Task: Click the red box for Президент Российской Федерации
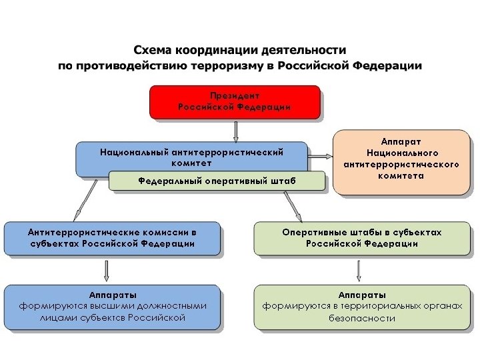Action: tap(234, 102)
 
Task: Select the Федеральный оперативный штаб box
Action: tap(217, 181)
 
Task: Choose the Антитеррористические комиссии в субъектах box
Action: tap(112, 238)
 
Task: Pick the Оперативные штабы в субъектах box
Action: tap(362, 238)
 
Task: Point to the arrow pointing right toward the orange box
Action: tap(321, 157)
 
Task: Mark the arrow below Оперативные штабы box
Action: tap(359, 270)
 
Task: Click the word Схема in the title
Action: tap(151, 51)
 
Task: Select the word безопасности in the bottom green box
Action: tap(362, 319)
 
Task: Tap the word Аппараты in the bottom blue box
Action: tap(113, 294)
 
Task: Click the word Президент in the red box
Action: tap(235, 96)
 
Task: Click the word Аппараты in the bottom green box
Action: tap(362, 294)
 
